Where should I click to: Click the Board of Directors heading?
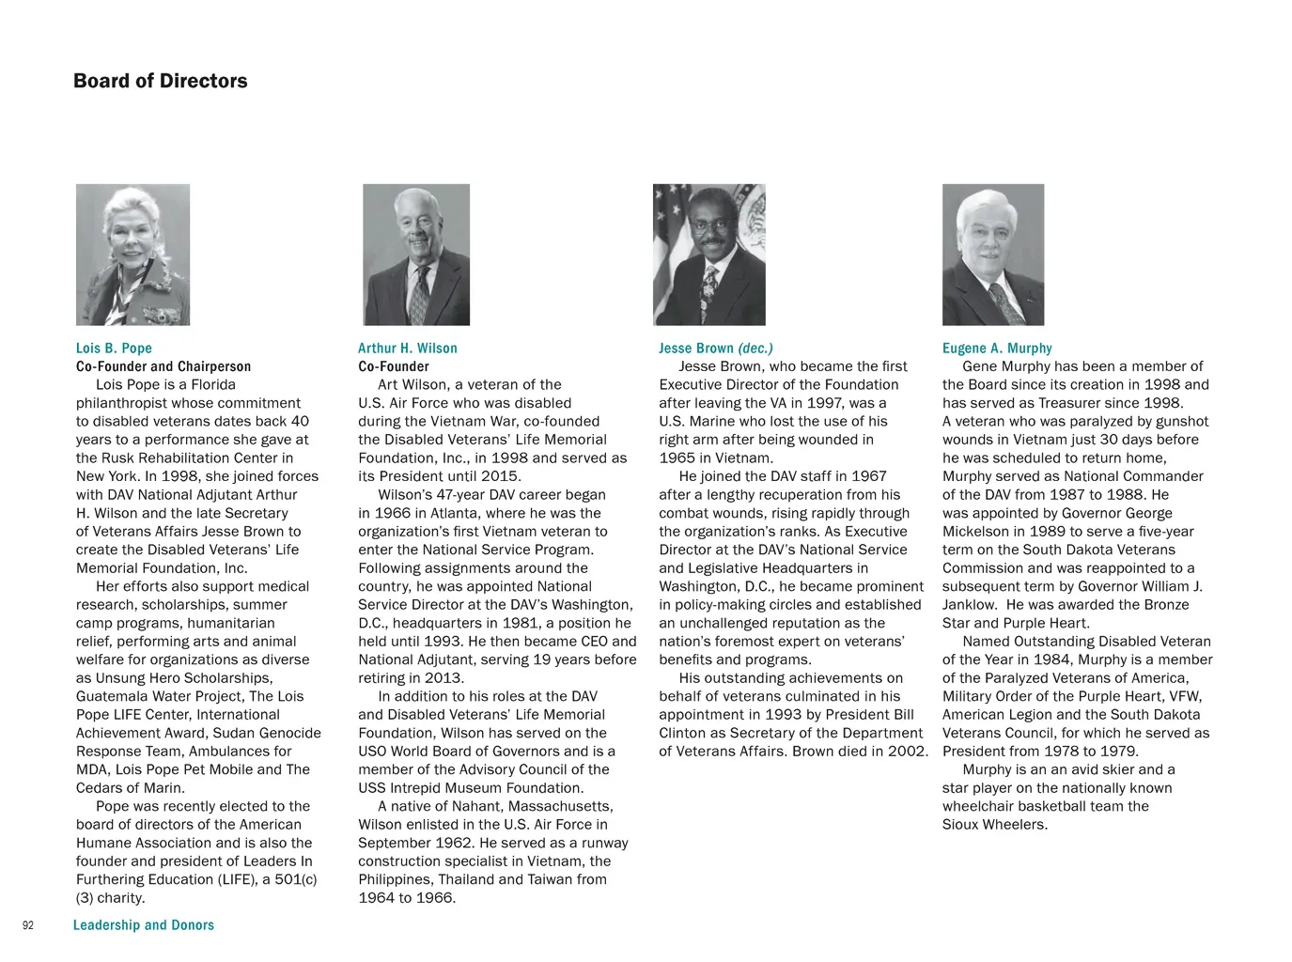pos(161,81)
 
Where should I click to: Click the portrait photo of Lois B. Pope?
pos(132,255)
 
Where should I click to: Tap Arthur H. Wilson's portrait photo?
pos(416,255)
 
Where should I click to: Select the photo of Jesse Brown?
pos(709,255)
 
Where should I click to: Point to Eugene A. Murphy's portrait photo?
pos(993,255)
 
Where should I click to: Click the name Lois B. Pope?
pos(114,348)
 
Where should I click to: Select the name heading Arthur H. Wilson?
pos(408,348)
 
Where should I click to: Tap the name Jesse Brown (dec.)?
pos(716,348)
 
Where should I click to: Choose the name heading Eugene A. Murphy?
pos(997,348)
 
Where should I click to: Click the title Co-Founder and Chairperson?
pos(163,366)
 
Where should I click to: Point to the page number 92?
pos(28,925)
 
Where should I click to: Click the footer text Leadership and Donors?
pos(144,925)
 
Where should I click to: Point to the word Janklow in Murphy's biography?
pos(971,605)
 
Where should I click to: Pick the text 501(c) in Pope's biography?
pos(295,879)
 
